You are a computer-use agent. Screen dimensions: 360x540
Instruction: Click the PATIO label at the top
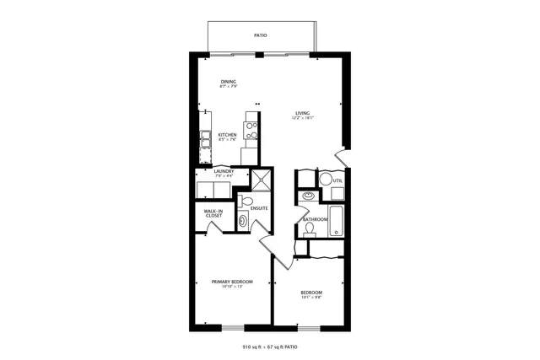click(262, 35)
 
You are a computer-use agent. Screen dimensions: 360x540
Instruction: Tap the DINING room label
click(228, 82)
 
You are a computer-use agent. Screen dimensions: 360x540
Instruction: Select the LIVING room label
click(302, 113)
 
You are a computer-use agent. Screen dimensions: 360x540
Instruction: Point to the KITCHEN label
click(227, 135)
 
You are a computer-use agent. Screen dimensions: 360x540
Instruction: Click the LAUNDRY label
click(223, 171)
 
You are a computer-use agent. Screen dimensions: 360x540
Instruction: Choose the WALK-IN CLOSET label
click(213, 213)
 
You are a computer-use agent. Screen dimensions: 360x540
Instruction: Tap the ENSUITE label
click(259, 207)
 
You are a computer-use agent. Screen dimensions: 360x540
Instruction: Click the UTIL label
click(337, 180)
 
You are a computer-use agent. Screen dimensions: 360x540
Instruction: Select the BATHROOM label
click(315, 219)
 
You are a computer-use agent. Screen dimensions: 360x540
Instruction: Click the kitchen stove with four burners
click(251, 130)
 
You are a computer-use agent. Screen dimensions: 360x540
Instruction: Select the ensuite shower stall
click(262, 179)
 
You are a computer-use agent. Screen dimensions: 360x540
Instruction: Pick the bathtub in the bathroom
click(337, 221)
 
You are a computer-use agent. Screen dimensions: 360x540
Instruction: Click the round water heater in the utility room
click(325, 180)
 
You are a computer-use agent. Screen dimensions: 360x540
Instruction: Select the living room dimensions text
click(302, 119)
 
